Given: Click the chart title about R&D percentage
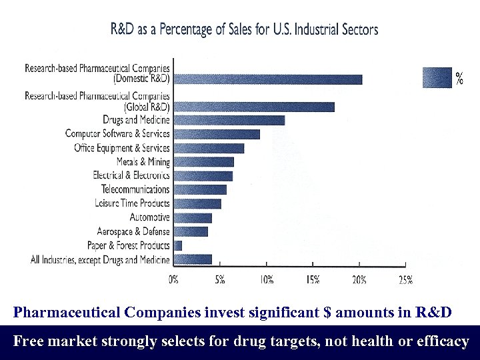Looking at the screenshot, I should [x=244, y=29].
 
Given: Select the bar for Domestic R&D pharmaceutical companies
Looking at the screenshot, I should [x=267, y=79].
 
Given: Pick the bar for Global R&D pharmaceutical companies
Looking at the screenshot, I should [x=253, y=107].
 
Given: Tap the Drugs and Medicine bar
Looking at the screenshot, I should [x=229, y=120].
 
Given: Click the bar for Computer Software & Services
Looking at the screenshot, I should [x=216, y=134].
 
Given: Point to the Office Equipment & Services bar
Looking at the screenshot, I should [x=209, y=148].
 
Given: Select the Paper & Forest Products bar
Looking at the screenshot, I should [x=177, y=245].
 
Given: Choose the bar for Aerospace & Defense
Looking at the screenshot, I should [x=191, y=231].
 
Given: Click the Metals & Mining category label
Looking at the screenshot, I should [x=143, y=162].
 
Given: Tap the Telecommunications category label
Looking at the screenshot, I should [x=135, y=189].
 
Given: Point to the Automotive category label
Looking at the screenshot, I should [x=150, y=217].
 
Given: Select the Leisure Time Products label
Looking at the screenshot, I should [x=132, y=203].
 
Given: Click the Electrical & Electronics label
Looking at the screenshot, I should [x=131, y=175].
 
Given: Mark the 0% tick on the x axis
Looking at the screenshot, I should [x=173, y=280].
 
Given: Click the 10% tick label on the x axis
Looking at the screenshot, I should [x=266, y=280].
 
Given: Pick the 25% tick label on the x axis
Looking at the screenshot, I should [x=405, y=280].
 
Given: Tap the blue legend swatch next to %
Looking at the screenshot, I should [x=437, y=77].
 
